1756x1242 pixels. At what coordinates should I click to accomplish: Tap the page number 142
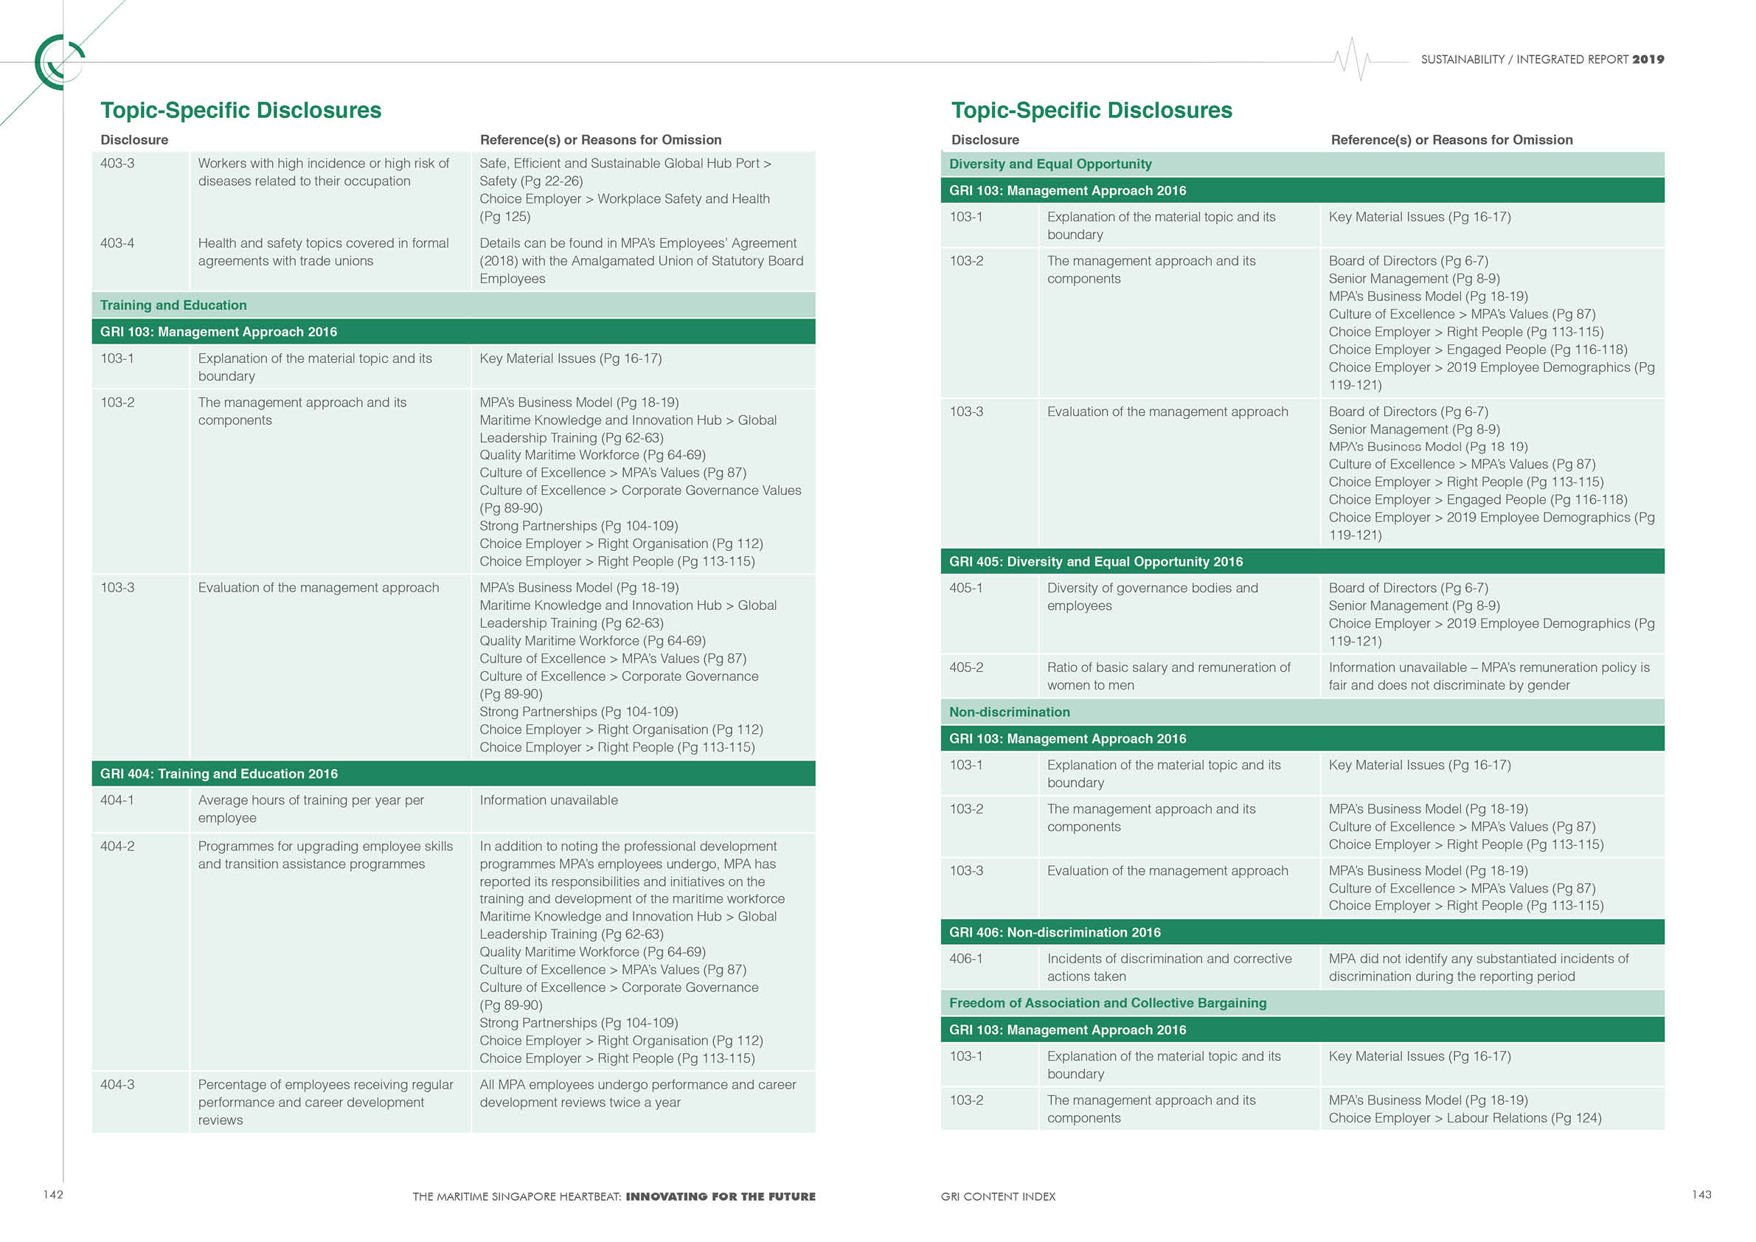[53, 1195]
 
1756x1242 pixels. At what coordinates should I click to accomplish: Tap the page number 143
[1701, 1195]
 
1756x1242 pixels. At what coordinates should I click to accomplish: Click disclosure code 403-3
[117, 163]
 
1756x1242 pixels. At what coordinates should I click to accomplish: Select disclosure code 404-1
[117, 800]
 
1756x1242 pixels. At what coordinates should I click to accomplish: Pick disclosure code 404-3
[117, 1084]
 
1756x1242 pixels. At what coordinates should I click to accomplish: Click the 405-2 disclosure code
[966, 667]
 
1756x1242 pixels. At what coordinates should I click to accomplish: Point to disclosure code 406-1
[966, 959]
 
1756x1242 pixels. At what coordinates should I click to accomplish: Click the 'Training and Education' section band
[173, 305]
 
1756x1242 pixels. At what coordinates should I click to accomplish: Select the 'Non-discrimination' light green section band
[1010, 712]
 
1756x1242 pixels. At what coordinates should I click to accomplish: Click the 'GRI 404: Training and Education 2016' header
[219, 774]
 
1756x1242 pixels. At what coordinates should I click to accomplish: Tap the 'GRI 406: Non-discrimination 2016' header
[1055, 932]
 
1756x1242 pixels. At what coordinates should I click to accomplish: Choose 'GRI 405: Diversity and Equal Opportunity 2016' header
[1096, 561]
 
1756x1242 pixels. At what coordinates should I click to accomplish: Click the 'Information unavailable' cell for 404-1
[549, 800]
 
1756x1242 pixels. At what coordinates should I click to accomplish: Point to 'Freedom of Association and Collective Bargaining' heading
[1108, 1003]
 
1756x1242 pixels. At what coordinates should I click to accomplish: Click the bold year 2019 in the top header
[1648, 60]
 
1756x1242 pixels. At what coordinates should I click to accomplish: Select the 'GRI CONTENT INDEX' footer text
[998, 1197]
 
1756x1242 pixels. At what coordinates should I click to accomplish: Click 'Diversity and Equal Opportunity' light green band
[1050, 164]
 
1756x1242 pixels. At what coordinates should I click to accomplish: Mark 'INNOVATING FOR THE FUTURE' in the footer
[721, 1197]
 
